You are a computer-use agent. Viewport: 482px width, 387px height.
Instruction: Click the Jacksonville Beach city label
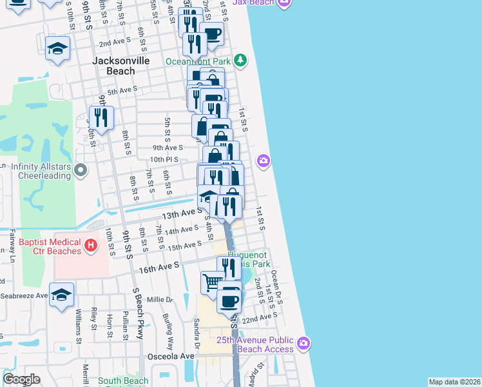pyautogui.click(x=121, y=65)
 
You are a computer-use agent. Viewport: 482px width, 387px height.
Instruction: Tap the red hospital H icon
pyautogui.click(x=91, y=245)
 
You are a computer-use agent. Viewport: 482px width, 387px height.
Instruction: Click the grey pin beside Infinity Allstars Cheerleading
pyautogui.click(x=81, y=170)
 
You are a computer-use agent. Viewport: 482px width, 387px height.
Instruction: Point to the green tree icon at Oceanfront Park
pyautogui.click(x=240, y=61)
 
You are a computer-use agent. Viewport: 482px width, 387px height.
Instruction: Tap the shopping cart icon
pyautogui.click(x=211, y=282)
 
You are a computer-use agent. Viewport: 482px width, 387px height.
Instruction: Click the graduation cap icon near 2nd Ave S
pyautogui.click(x=58, y=48)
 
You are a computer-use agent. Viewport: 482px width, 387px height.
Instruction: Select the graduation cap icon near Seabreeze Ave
pyautogui.click(x=61, y=294)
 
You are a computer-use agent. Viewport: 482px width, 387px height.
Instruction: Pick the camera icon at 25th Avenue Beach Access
pyautogui.click(x=304, y=342)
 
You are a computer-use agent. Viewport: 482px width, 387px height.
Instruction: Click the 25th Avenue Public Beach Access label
pyautogui.click(x=255, y=344)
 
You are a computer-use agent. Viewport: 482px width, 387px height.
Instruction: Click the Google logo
pyautogui.click(x=21, y=379)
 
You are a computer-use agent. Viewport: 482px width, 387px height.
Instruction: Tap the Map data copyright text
pyautogui.click(x=454, y=382)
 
